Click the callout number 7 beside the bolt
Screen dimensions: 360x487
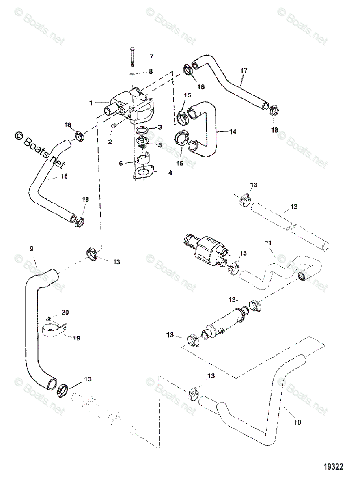point(151,56)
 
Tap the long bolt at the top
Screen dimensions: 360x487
point(132,57)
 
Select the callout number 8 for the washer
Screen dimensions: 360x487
point(151,71)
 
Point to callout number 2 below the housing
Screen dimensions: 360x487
point(110,142)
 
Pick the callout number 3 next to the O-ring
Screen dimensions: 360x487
point(160,127)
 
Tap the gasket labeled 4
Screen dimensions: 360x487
point(144,173)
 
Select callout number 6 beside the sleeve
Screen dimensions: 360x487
point(121,164)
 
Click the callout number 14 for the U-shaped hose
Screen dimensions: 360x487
point(233,132)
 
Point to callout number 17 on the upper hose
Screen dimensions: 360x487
point(244,71)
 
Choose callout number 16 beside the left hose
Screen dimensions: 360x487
point(64,176)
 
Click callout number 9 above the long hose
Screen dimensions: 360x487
point(31,248)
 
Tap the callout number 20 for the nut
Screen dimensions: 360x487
point(65,312)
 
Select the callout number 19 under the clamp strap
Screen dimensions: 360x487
point(76,338)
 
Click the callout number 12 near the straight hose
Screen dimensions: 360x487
point(294,207)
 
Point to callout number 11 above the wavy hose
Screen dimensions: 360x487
point(268,243)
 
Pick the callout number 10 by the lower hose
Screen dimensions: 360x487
point(297,422)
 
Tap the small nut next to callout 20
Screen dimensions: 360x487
point(49,318)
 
